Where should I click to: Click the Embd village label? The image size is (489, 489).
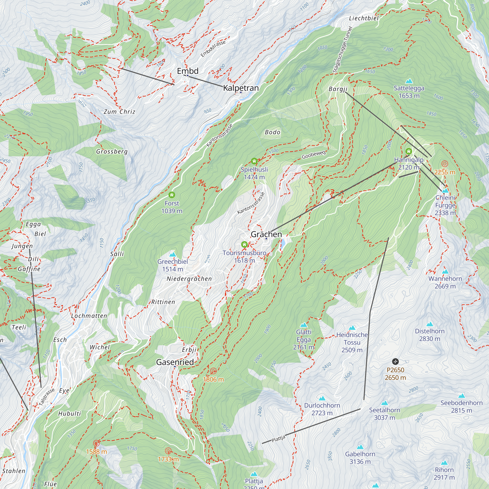(x=188, y=71)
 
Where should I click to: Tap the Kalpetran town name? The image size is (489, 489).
(x=241, y=88)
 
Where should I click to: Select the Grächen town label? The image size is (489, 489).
(x=266, y=234)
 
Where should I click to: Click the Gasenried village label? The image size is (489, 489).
(x=175, y=362)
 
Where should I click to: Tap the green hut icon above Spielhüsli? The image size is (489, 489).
(x=254, y=161)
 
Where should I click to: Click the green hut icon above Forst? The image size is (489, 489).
(x=172, y=195)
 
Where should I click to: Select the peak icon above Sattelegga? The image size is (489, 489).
(x=409, y=81)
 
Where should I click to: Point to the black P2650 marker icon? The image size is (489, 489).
(x=395, y=361)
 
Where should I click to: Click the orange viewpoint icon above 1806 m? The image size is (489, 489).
(x=213, y=371)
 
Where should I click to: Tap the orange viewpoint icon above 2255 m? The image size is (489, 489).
(x=445, y=164)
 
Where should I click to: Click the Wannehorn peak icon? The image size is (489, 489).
(x=445, y=272)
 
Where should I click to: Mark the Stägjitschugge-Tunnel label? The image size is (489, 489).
(x=343, y=50)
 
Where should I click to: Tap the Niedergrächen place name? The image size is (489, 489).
(x=189, y=279)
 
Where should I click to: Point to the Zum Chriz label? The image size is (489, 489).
(x=120, y=112)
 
